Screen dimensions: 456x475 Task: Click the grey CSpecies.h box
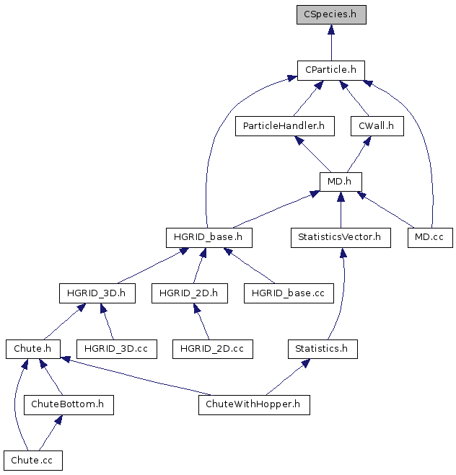[x=331, y=14]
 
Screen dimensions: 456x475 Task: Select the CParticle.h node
[x=330, y=71]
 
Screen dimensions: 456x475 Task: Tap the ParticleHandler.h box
[x=285, y=126]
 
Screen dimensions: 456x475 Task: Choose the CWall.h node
[x=377, y=126]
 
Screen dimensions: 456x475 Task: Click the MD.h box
[x=341, y=182]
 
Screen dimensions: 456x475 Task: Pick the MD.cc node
[x=430, y=238]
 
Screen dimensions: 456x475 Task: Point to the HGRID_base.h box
[x=209, y=238]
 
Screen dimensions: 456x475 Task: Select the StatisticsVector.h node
[x=341, y=238]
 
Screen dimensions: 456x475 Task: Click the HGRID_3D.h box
[x=97, y=293]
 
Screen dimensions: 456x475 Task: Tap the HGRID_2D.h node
[x=190, y=293]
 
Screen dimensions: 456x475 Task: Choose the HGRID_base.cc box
[x=289, y=293]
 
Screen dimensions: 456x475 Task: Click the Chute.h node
[x=33, y=349]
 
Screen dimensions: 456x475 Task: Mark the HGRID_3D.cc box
[x=117, y=349]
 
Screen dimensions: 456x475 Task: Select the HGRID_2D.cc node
[x=213, y=349]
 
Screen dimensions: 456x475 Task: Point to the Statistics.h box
[x=323, y=349]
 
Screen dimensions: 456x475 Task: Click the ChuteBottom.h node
[x=69, y=404]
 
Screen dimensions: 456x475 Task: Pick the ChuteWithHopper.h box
[x=254, y=404]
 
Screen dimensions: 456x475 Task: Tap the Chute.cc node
[x=33, y=461]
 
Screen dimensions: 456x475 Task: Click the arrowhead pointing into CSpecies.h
[x=331, y=30]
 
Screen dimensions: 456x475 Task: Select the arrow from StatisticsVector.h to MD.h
[x=341, y=210]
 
